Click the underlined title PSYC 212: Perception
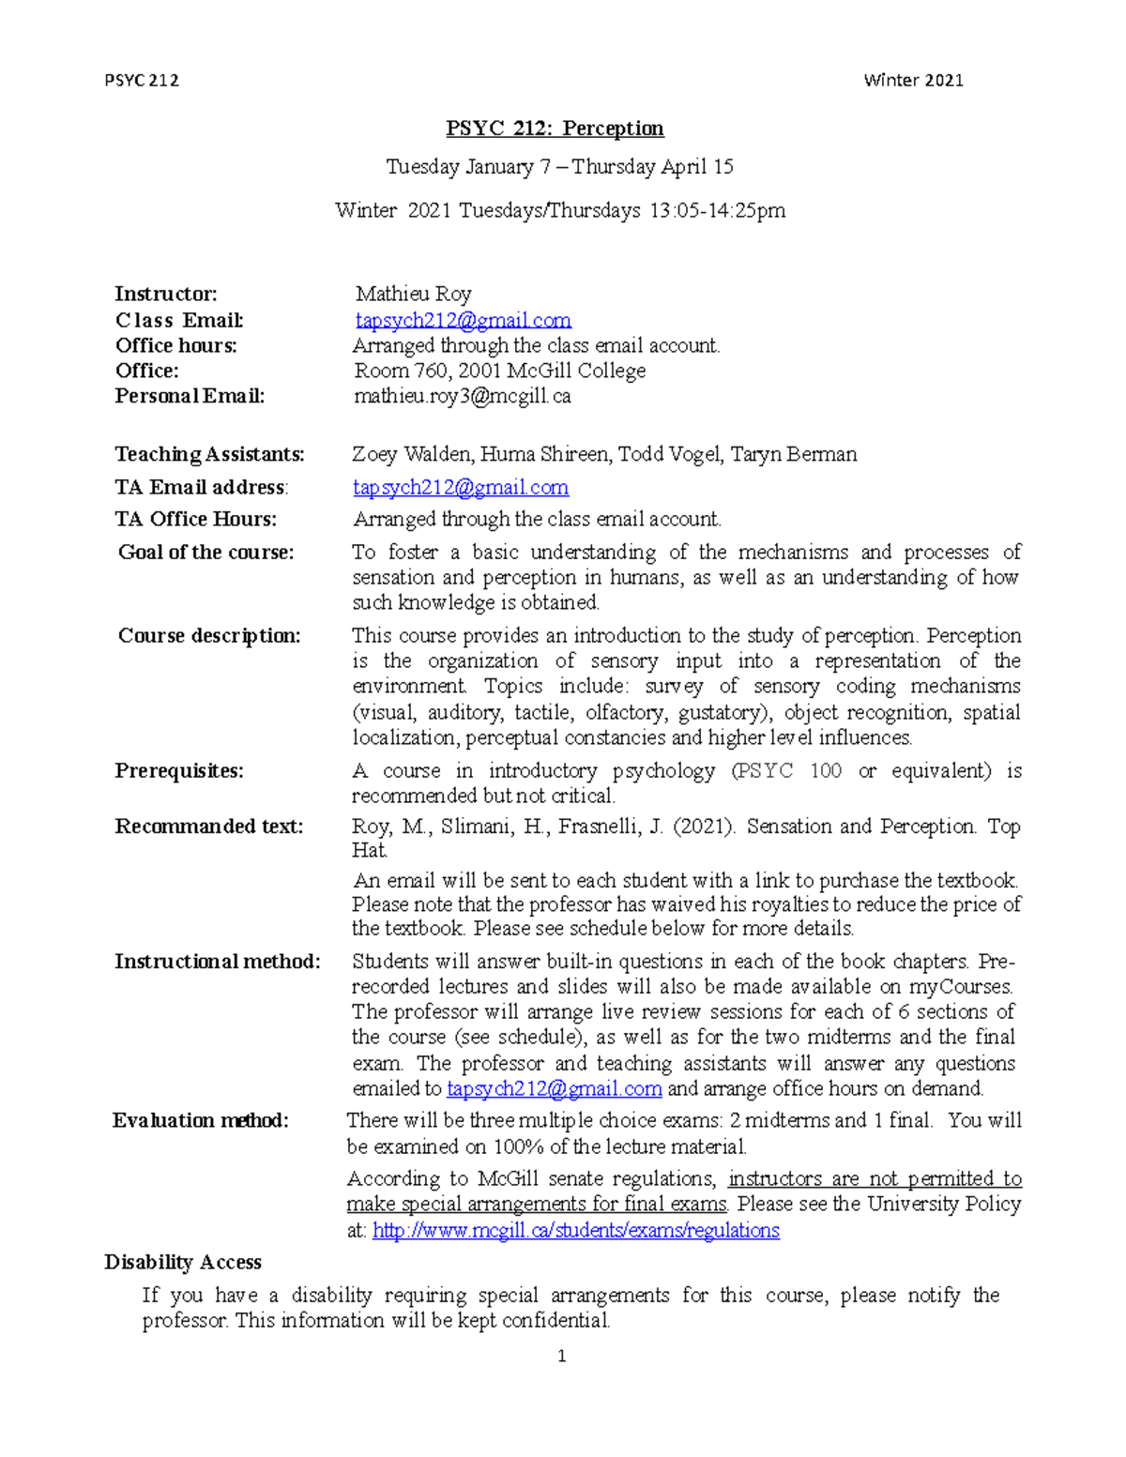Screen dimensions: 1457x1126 pos(555,129)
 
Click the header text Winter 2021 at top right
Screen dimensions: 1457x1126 pos(913,81)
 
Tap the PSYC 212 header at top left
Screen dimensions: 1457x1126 pos(142,81)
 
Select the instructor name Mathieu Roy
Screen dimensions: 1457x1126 pos(413,295)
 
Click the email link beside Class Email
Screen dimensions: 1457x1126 pos(463,321)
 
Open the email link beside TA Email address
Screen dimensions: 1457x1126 pos(461,488)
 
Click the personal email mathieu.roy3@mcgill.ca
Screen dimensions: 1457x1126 pos(462,396)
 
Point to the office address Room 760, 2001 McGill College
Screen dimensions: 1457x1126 pos(499,371)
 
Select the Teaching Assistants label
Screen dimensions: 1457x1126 pos(209,455)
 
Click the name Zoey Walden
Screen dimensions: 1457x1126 pos(412,455)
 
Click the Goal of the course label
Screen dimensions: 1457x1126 pos(205,553)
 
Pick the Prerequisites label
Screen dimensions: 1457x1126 pos(179,771)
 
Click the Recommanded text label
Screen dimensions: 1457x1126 pos(208,827)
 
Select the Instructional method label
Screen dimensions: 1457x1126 pos(217,962)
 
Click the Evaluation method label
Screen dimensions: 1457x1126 pos(200,1121)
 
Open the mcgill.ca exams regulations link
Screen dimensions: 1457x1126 pos(575,1231)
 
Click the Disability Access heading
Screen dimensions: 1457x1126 pos(182,1263)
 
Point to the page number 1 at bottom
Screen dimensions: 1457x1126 pos(561,1356)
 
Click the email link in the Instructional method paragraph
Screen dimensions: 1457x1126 pos(554,1089)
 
